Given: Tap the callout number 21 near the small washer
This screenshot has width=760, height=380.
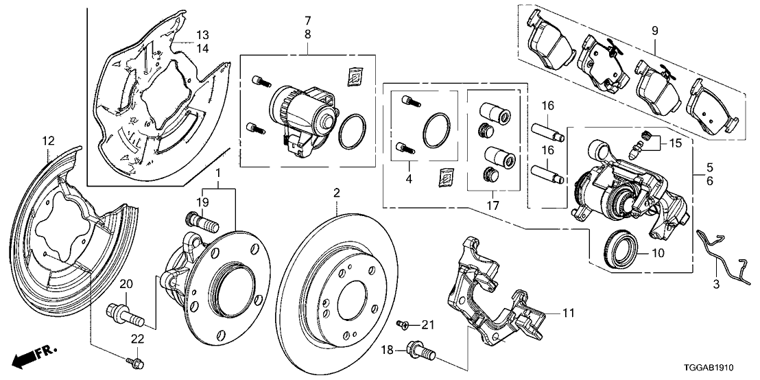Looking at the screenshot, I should [x=429, y=324].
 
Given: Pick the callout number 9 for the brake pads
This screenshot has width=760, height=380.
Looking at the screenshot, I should [x=654, y=30].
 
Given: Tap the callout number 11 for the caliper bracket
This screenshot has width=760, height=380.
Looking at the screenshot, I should [x=568, y=313].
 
